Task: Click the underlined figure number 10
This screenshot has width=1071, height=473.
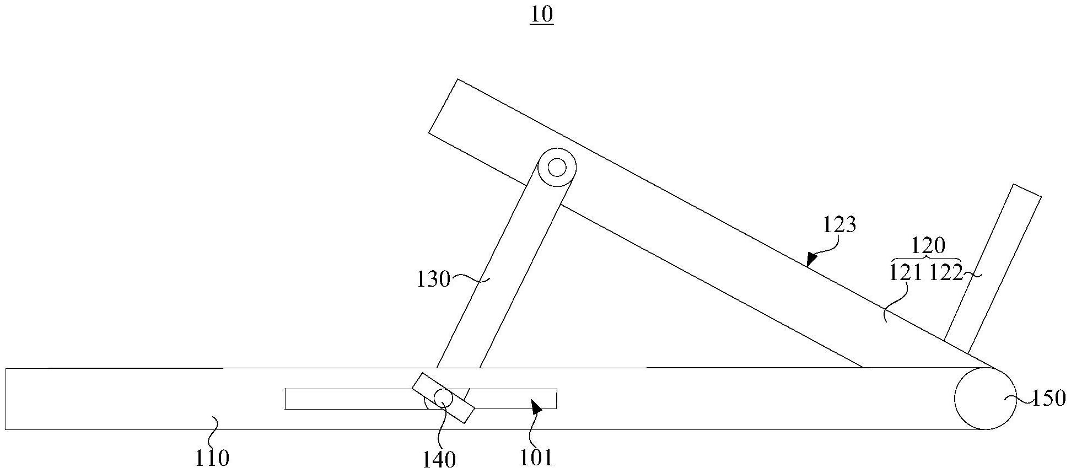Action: pyautogui.click(x=541, y=15)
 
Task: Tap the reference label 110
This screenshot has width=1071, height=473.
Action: pyautogui.click(x=212, y=458)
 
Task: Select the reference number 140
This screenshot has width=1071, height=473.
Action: pyautogui.click(x=439, y=459)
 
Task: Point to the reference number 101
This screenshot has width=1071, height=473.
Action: pyautogui.click(x=536, y=458)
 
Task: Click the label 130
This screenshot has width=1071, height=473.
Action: pyautogui.click(x=434, y=279)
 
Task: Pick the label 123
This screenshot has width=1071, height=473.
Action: pyautogui.click(x=839, y=225)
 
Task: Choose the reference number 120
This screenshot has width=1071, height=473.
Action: pyautogui.click(x=928, y=245)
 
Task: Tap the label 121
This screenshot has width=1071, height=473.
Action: pyautogui.click(x=906, y=273)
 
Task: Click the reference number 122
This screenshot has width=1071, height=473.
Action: pyautogui.click(x=945, y=273)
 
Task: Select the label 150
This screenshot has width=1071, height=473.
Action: pyautogui.click(x=1048, y=398)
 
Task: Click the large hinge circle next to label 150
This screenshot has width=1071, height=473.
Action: pyautogui.click(x=985, y=398)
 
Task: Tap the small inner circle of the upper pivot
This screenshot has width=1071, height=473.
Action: pyautogui.click(x=557, y=167)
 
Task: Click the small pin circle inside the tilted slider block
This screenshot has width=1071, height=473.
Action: pyautogui.click(x=443, y=397)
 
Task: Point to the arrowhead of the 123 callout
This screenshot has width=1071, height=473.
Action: pyautogui.click(x=810, y=260)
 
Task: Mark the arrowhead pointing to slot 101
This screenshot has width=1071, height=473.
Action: pyautogui.click(x=536, y=407)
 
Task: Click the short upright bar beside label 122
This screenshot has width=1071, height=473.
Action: pyautogui.click(x=992, y=270)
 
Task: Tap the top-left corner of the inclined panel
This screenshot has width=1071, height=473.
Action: pyautogui.click(x=458, y=80)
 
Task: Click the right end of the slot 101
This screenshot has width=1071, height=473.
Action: pyautogui.click(x=556, y=399)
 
